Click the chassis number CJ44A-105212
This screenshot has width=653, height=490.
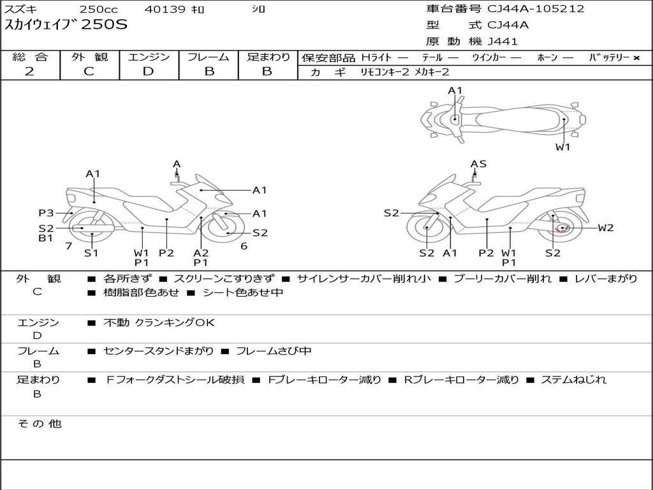[536, 9]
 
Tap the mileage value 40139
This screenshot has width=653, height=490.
[165, 10]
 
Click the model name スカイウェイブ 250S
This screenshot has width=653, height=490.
[66, 26]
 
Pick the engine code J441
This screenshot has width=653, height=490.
[503, 41]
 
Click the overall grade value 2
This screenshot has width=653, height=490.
[29, 71]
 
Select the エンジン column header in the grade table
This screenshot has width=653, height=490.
[149, 57]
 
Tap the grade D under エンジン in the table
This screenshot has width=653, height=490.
[148, 71]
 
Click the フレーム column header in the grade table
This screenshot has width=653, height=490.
[209, 57]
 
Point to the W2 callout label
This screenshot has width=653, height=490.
[605, 228]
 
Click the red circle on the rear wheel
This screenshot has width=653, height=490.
[562, 228]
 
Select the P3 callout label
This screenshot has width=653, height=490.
[46, 213]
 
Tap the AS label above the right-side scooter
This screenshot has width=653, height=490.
[478, 164]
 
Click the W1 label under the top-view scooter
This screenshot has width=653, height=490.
[562, 147]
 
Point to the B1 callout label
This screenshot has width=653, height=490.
[46, 239]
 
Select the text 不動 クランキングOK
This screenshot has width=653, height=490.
[159, 323]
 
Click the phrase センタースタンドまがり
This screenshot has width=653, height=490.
[159, 351]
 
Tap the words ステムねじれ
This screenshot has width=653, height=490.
[573, 380]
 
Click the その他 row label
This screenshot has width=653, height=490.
[40, 424]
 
